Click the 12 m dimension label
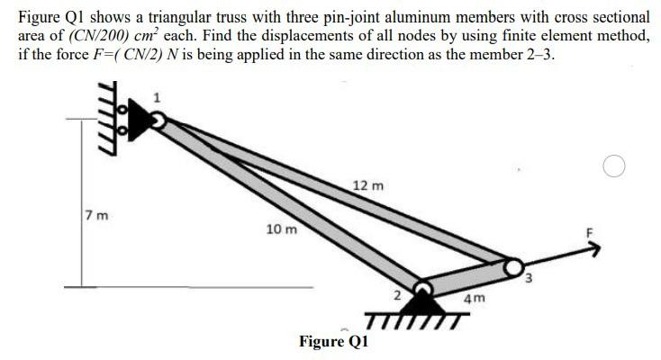pyautogui.click(x=369, y=185)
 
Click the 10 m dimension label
pyautogui.click(x=281, y=229)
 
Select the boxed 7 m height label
pyautogui.click(x=93, y=216)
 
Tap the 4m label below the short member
pyautogui.click(x=474, y=298)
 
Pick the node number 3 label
pyautogui.click(x=531, y=278)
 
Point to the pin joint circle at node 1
pyautogui.click(x=158, y=121)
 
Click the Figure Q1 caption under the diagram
pyautogui.click(x=334, y=341)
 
